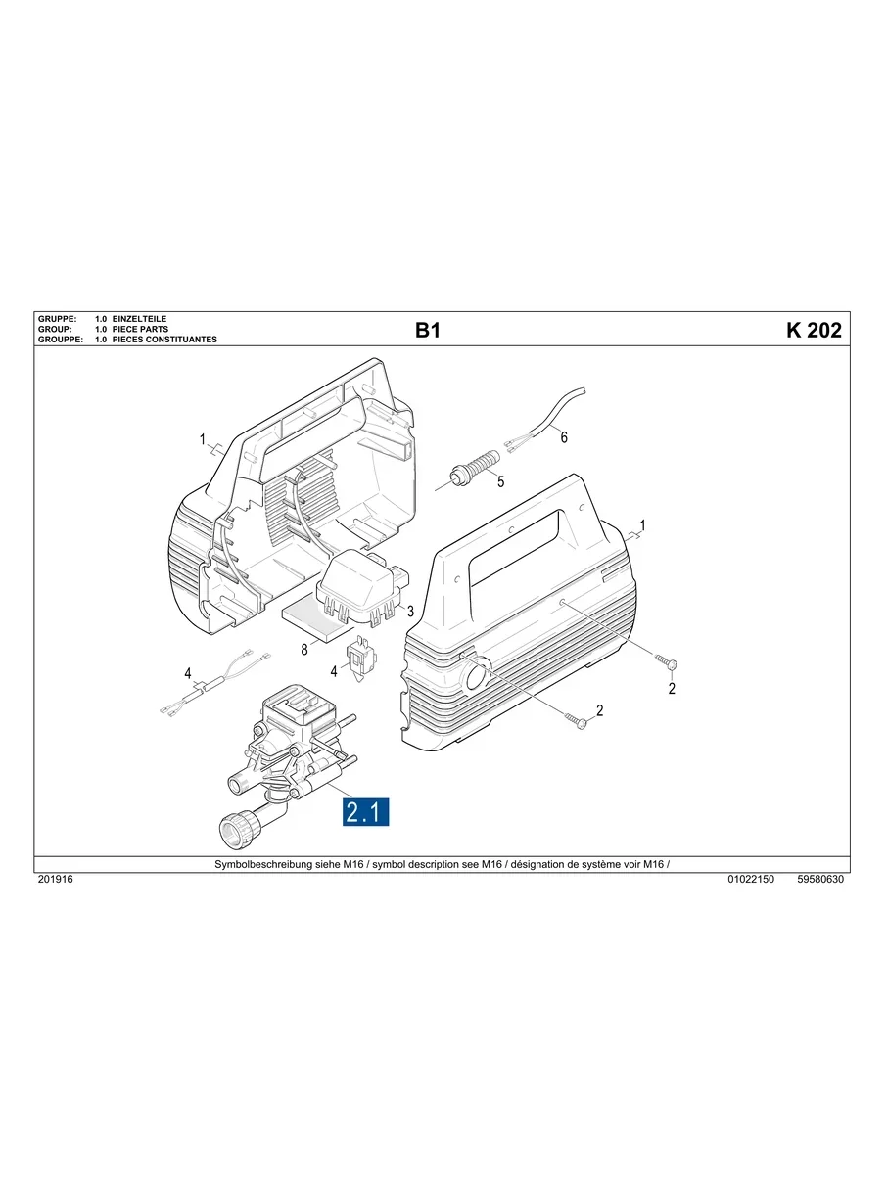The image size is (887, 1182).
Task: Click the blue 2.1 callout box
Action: point(366,812)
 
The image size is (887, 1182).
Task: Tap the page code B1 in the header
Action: point(428,331)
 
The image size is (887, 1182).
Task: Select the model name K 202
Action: point(813,331)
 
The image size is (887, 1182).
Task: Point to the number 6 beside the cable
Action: point(564,438)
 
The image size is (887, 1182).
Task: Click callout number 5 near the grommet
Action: point(500,481)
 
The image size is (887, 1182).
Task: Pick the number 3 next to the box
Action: point(410,612)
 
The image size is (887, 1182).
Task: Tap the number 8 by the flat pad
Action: point(304,648)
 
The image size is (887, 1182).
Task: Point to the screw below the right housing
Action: point(578,722)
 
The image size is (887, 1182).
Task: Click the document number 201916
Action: point(55,880)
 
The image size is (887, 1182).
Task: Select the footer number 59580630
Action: point(820,880)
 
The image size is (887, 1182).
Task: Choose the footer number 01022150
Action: point(751,880)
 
